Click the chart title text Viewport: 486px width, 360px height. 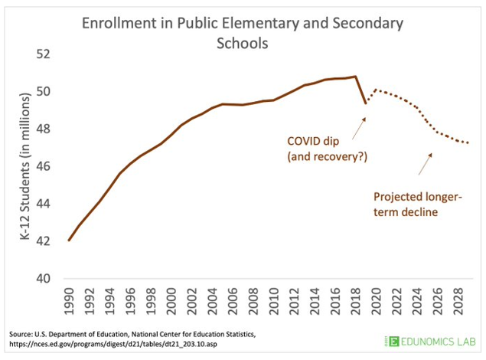pos(243,34)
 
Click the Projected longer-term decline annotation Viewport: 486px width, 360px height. pos(418,203)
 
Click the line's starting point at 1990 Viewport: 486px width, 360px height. pos(70,241)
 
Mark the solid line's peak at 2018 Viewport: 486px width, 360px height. pos(356,77)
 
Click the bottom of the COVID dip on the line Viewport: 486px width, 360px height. pos(366,102)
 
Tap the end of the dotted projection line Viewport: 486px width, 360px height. pos(468,143)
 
